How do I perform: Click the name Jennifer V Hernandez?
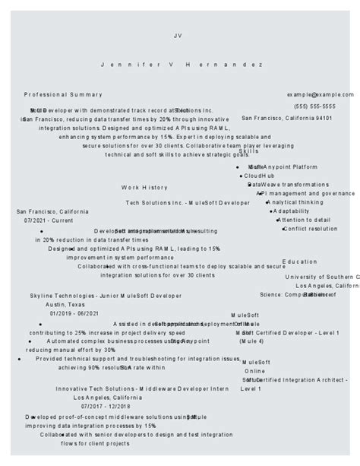tap(182, 65)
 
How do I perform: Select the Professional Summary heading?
tap(63, 94)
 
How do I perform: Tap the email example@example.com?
tap(320, 94)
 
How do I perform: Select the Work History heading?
tap(144, 187)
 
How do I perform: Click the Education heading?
tap(299, 262)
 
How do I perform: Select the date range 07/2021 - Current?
tap(49, 220)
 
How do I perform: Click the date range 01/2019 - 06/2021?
tap(74, 313)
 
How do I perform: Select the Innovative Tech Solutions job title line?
tap(142, 388)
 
